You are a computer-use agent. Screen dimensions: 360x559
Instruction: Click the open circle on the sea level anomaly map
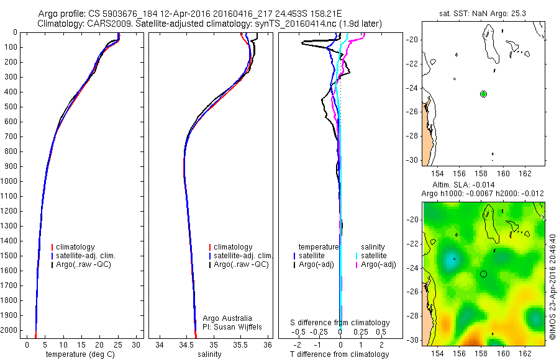pyautogui.click(x=483, y=274)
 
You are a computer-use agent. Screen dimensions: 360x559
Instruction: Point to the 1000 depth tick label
pyautogui.click(x=10, y=181)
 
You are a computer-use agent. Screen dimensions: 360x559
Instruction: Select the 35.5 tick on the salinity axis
pyautogui.click(x=241, y=344)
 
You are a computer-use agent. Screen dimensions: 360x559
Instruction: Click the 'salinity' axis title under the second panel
pyautogui.click(x=209, y=354)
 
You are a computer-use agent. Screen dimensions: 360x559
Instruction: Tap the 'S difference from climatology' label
pyautogui.click(x=340, y=323)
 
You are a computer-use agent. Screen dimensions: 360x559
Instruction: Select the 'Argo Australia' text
pyautogui.click(x=227, y=318)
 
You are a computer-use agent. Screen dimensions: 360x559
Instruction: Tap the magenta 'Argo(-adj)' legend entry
pyautogui.click(x=378, y=264)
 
